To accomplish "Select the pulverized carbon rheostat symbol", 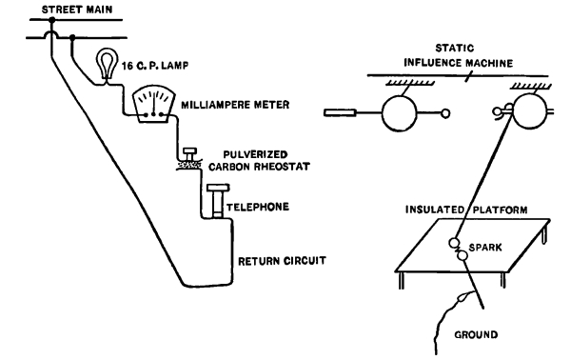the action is pyautogui.click(x=189, y=159).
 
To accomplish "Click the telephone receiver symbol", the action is pyautogui.click(x=218, y=201).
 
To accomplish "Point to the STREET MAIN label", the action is pyautogui.click(x=77, y=10).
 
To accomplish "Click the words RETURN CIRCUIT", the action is pyautogui.click(x=283, y=261).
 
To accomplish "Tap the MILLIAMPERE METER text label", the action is pyautogui.click(x=235, y=105).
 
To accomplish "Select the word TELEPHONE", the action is pyautogui.click(x=258, y=207).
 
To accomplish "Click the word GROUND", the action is pyautogui.click(x=476, y=334).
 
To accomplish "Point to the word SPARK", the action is pyautogui.click(x=485, y=248).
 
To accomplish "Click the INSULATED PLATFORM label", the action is pyautogui.click(x=466, y=210).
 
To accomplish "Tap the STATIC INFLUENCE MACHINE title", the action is pyautogui.click(x=458, y=55).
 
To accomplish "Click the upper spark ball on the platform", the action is pyautogui.click(x=454, y=243).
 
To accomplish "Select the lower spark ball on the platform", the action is pyautogui.click(x=462, y=256).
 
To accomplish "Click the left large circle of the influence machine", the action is pyautogui.click(x=400, y=113).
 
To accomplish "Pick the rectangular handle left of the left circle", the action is pyautogui.click(x=340, y=113).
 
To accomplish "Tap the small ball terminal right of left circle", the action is pyautogui.click(x=445, y=113).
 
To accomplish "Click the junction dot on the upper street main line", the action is pyautogui.click(x=52, y=20).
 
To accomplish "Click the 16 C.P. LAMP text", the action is pyautogui.click(x=155, y=66).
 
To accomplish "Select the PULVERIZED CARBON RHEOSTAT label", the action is pyautogui.click(x=259, y=160).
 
